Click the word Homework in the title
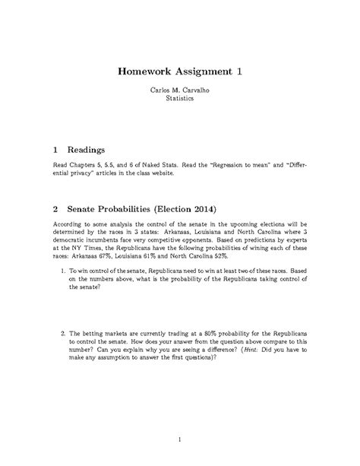pos(145,72)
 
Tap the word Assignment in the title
pos(203,72)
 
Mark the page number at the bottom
pos(180,439)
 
